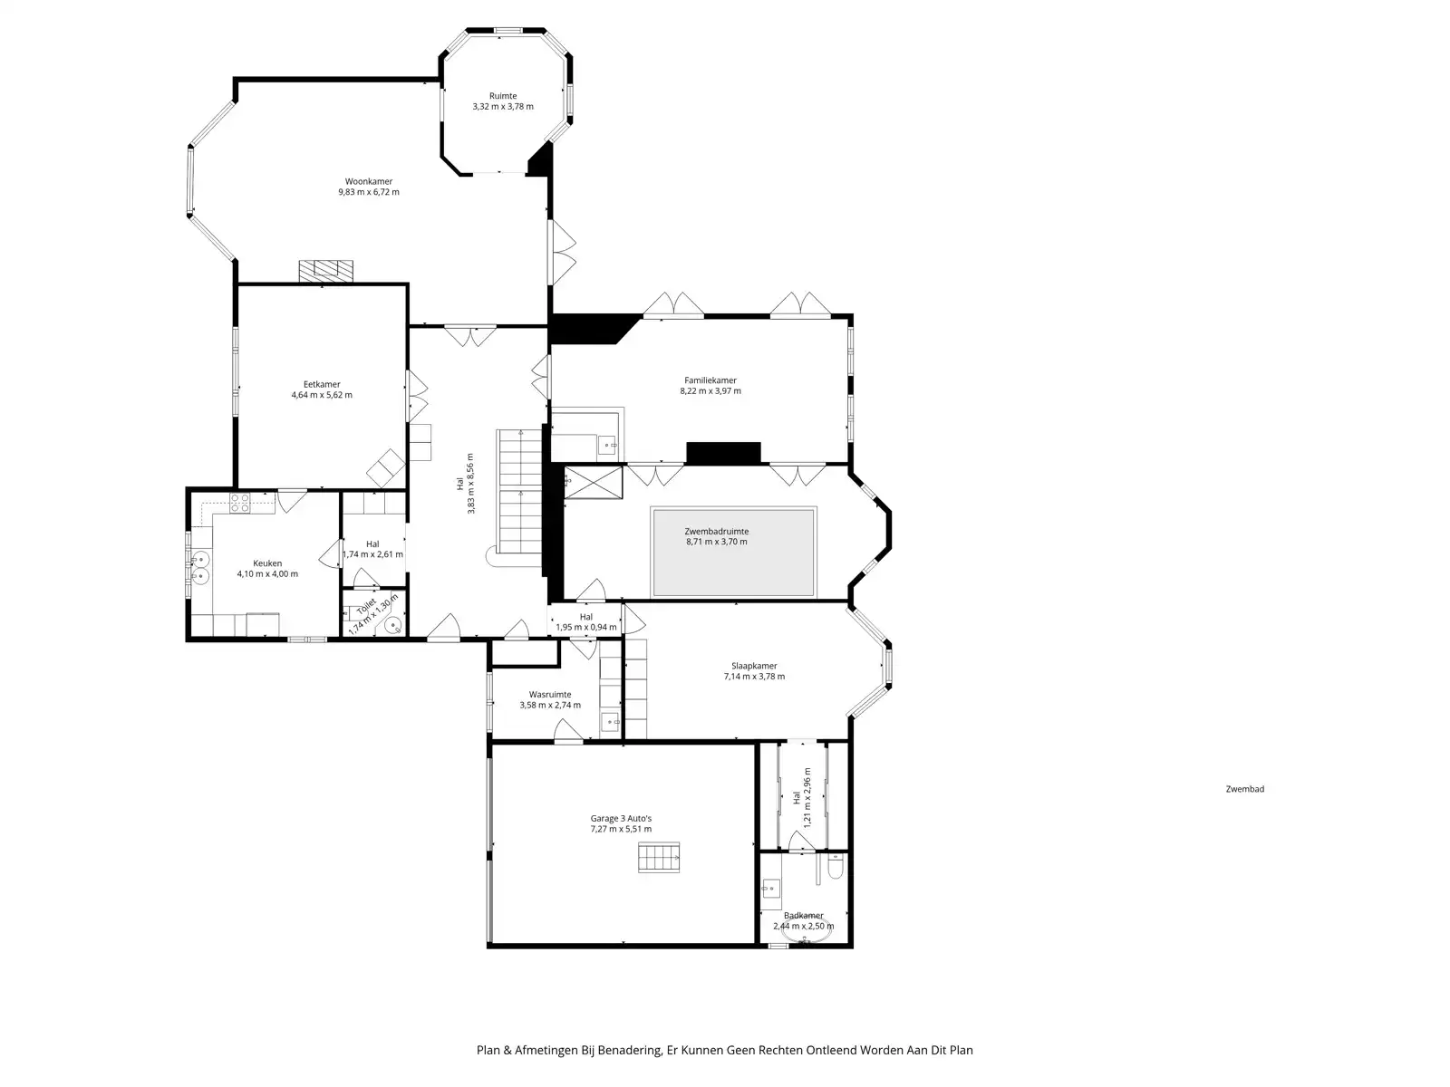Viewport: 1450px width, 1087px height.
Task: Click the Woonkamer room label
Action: pos(368,181)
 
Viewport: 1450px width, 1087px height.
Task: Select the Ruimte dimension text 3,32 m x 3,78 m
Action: pos(503,107)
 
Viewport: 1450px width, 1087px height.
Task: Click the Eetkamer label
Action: pos(322,384)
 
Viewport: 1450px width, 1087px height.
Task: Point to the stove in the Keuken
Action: pos(239,504)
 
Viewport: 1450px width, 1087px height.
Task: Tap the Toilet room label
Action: pos(366,606)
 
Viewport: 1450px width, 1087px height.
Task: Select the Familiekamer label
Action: pos(710,380)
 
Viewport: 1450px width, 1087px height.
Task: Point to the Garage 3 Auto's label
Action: pos(621,818)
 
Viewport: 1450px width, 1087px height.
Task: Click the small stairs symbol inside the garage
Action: pos(659,856)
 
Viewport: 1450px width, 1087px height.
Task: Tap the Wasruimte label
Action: pos(550,695)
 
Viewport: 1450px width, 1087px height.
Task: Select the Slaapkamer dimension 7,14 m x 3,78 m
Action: pos(754,677)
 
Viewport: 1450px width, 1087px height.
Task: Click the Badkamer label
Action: pos(803,916)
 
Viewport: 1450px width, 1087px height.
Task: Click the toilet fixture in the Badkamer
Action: pos(835,870)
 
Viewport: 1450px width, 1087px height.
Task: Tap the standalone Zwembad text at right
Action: pos(1244,789)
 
